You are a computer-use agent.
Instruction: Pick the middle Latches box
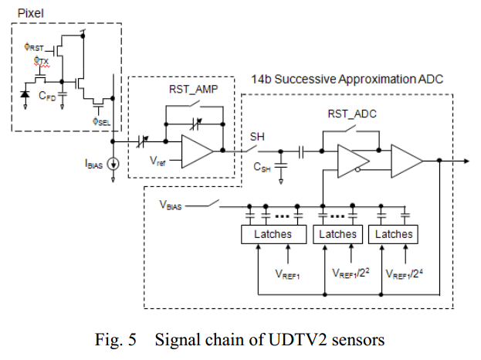point(338,234)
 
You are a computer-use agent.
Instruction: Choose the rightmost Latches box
point(395,234)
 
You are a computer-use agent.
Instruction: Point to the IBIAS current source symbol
point(113,162)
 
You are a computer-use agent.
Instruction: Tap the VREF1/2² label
point(346,273)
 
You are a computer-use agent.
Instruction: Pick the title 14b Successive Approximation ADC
point(347,80)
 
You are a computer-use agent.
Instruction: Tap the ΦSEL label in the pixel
point(101,121)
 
